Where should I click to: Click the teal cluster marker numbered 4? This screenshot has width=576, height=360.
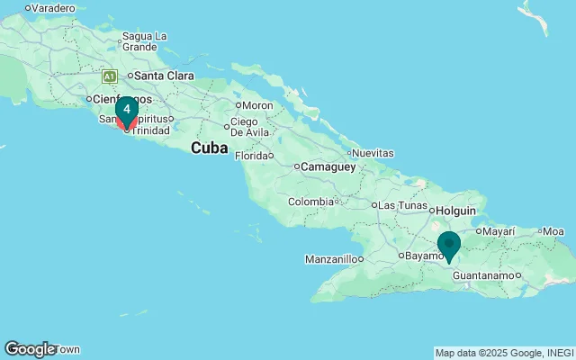[127, 110]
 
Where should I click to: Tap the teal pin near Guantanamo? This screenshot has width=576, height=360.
[449, 245]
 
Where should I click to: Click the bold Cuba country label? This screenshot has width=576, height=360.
[208, 148]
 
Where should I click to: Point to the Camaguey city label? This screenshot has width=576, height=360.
[325, 166]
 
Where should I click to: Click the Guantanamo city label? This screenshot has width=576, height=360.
[486, 274]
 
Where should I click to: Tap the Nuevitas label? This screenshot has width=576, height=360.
[373, 154]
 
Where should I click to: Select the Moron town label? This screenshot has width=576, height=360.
[256, 105]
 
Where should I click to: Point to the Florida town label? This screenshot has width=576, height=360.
[251, 156]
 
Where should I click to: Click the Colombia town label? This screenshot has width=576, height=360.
[310, 202]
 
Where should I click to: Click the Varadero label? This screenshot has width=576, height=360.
[54, 8]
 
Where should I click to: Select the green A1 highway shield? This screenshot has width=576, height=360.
[110, 76]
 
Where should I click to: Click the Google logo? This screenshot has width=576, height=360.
[29, 349]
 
